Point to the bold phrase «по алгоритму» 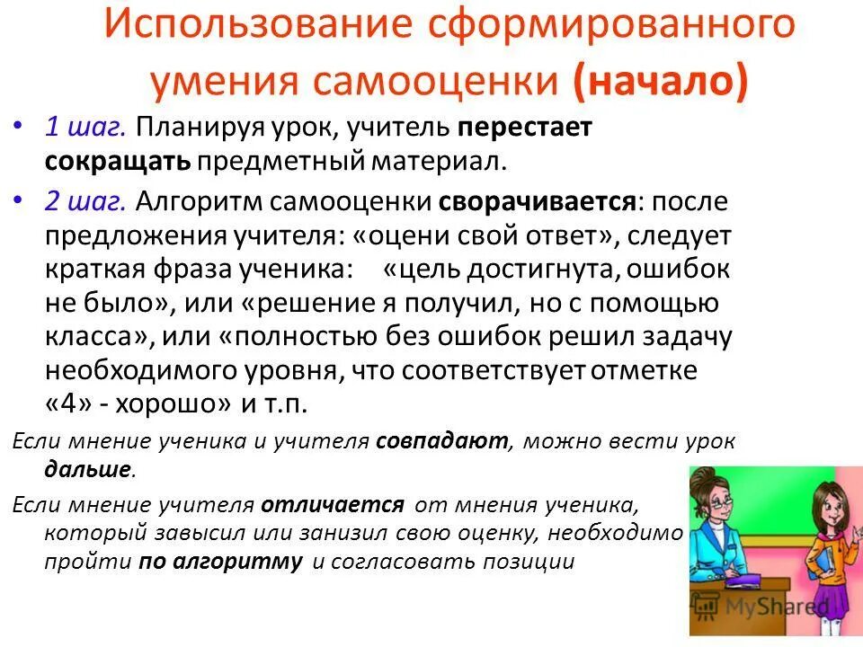coord(220,563)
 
